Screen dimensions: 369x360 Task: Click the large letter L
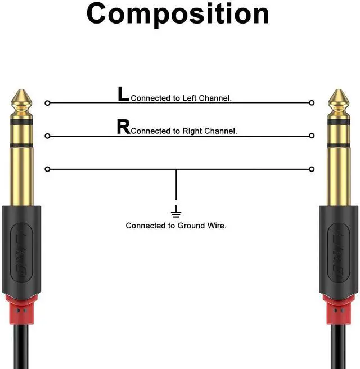coord(123,94)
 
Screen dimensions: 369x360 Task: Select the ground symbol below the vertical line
coord(176,213)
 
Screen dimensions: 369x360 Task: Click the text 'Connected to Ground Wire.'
coord(176,226)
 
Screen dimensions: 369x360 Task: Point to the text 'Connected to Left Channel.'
coord(181,98)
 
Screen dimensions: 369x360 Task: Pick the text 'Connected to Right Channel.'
coord(184,131)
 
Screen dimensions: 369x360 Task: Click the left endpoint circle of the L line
coord(47,103)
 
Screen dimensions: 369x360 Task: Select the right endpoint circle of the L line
coord(312,103)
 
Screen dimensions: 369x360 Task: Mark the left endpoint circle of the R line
coord(47,136)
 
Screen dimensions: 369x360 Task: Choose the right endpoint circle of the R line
coord(312,136)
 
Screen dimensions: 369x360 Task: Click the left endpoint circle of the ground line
coord(47,169)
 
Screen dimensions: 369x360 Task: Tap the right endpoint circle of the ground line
coord(312,169)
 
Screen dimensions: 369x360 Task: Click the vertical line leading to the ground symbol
coord(176,188)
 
